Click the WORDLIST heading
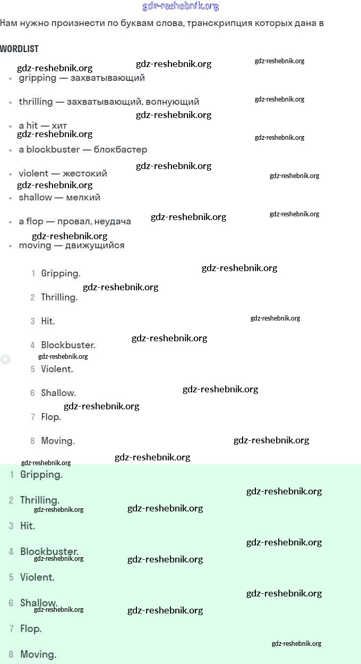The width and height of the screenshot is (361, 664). [x=19, y=49]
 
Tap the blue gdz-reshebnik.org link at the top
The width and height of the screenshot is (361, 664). [x=180, y=6]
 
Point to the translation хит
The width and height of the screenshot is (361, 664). [x=59, y=125]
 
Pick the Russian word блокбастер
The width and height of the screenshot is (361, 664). [x=121, y=149]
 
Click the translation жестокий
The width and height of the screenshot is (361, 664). [x=85, y=173]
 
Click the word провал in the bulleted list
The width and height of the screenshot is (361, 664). [x=73, y=221]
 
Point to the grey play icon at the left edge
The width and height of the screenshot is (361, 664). [x=5, y=359]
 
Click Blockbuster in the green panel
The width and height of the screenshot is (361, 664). [x=49, y=551]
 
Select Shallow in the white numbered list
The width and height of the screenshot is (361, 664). [x=58, y=393]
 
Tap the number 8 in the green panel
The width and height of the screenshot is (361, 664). [x=11, y=654]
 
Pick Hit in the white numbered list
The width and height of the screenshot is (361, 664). [x=47, y=321]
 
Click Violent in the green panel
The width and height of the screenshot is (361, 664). [x=37, y=577]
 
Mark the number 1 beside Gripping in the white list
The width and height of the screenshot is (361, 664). [x=33, y=274]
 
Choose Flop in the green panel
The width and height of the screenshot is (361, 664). [x=30, y=628]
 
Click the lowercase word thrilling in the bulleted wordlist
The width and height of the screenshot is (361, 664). [x=36, y=102]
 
